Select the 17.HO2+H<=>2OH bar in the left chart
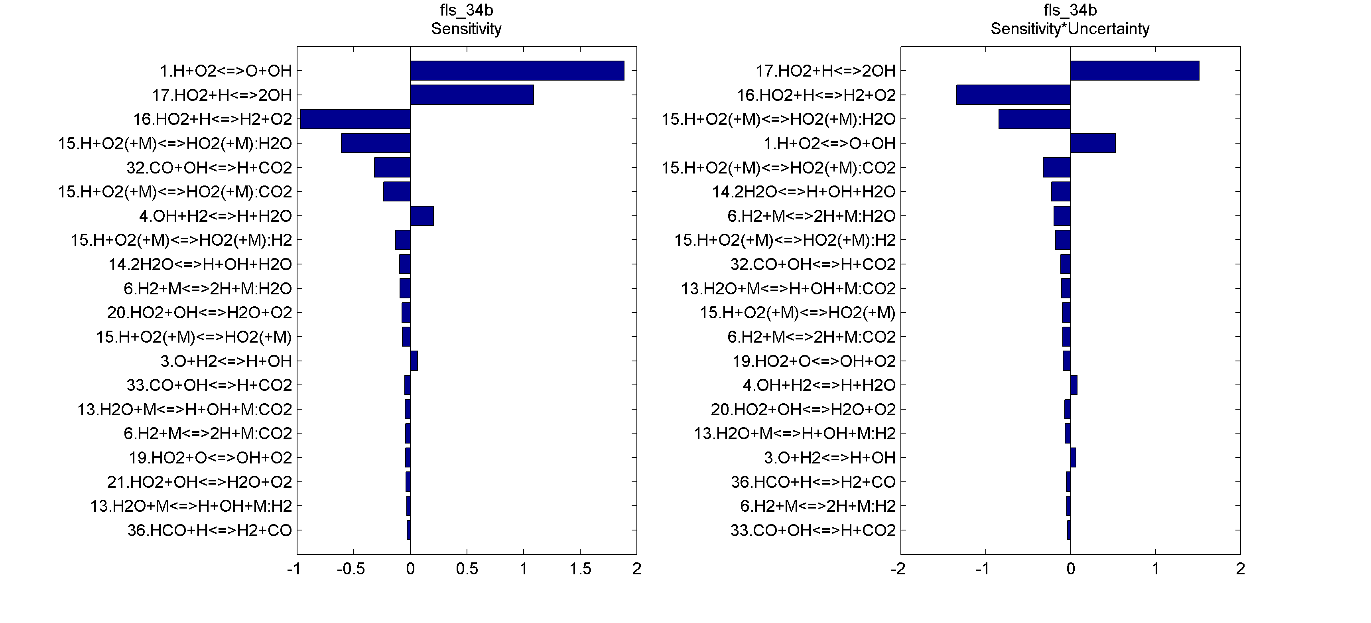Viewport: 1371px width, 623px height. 471,95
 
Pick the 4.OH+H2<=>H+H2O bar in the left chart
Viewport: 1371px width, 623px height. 422,216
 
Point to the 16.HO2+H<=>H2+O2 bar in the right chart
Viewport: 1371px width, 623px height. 1013,95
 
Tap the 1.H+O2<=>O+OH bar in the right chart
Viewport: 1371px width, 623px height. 1093,143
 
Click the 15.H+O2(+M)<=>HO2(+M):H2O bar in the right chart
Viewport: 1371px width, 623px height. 1034,119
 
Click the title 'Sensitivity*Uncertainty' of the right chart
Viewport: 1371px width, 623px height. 1070,29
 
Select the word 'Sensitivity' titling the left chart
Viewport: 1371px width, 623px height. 466,29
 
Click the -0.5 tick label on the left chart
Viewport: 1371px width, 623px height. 351,569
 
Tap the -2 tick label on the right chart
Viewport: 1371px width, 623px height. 898,569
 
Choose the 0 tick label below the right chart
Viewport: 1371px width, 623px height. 1071,569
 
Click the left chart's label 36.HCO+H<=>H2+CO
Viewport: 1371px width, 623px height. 209,530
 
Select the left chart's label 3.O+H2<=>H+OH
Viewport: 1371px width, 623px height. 226,361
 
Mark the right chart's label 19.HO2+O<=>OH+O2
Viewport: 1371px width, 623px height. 814,361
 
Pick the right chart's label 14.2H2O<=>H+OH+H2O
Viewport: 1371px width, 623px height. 804,192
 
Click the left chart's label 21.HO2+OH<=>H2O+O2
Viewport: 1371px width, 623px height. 199,482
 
